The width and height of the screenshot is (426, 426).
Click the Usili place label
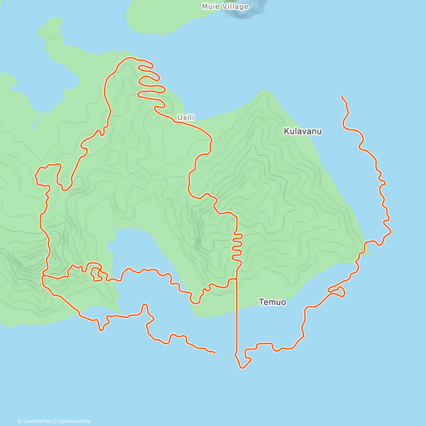[x=186, y=118]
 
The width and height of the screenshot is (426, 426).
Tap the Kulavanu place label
[x=302, y=131]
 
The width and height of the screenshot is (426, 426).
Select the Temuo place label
[x=272, y=302]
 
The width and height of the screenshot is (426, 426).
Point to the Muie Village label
[x=225, y=7]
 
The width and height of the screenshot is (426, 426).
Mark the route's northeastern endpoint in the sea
[x=342, y=96]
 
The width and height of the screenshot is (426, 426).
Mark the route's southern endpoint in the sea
[x=215, y=353]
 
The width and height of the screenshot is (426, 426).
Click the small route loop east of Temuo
[x=339, y=292]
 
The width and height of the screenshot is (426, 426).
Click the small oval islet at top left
[x=51, y=37]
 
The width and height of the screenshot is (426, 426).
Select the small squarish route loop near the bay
[x=97, y=275]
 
